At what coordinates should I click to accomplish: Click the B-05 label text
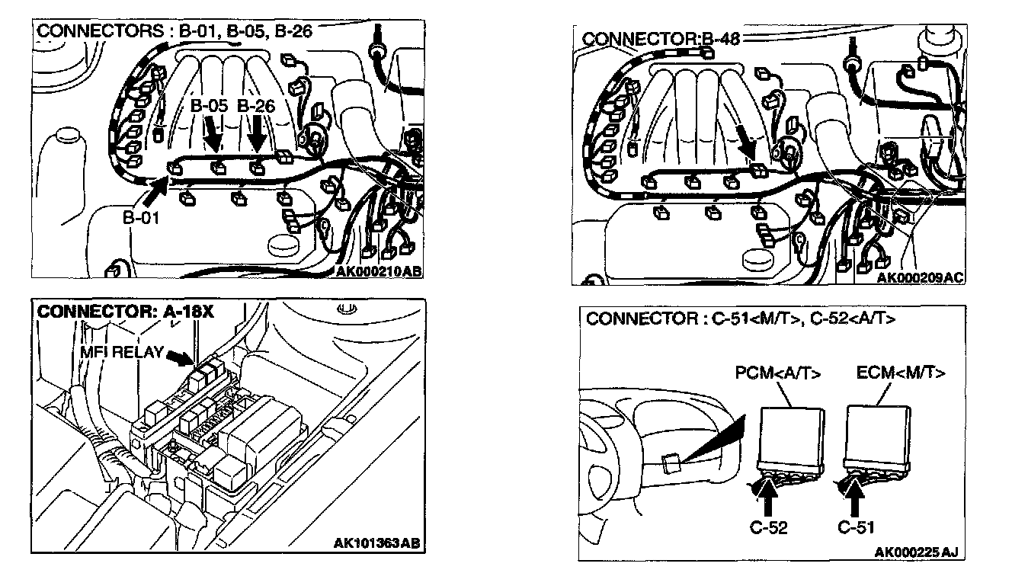coord(209,106)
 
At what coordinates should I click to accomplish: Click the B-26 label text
coord(256,106)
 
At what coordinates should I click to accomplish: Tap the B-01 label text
coord(141,217)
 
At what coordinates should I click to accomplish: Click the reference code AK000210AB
coord(378,270)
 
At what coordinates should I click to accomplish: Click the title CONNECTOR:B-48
coord(641,38)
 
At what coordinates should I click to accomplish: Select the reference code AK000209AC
coord(920,278)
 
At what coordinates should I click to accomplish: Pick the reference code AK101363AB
coord(376,543)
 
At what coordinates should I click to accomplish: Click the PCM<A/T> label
coord(778,373)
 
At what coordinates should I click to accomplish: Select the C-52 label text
coord(767,527)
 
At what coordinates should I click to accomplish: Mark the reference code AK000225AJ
coord(914,551)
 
